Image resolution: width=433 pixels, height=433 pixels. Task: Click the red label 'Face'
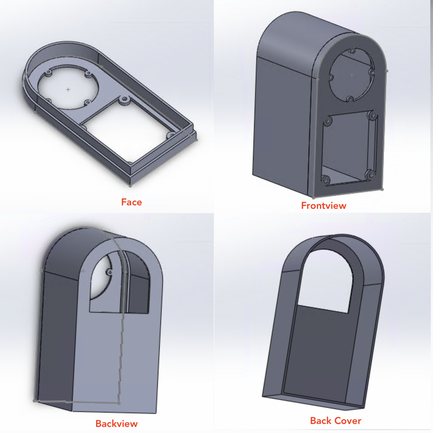pyautogui.click(x=131, y=202)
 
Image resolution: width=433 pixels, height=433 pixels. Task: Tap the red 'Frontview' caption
pyautogui.click(x=324, y=206)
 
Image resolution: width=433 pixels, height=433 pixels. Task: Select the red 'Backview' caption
pyautogui.click(x=116, y=424)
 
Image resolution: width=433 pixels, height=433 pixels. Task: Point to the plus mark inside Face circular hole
pyautogui.click(x=68, y=89)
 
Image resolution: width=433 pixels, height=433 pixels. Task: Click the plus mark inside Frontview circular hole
pyautogui.click(x=352, y=75)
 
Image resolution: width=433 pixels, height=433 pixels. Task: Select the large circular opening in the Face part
pyautogui.click(x=68, y=87)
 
